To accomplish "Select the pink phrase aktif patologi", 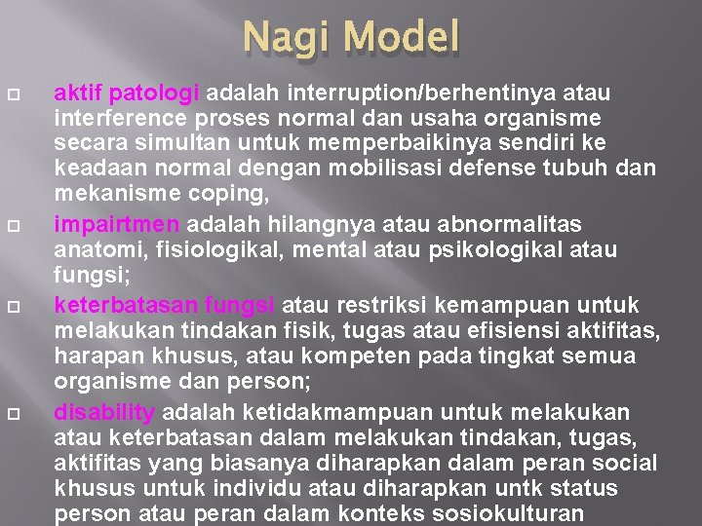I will (x=127, y=94).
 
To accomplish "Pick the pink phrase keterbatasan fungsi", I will (x=165, y=306).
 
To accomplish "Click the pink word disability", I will (x=104, y=411).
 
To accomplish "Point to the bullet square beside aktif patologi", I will (x=25, y=94).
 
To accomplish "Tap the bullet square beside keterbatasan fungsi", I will (x=25, y=306).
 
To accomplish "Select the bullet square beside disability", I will (x=25, y=411).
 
